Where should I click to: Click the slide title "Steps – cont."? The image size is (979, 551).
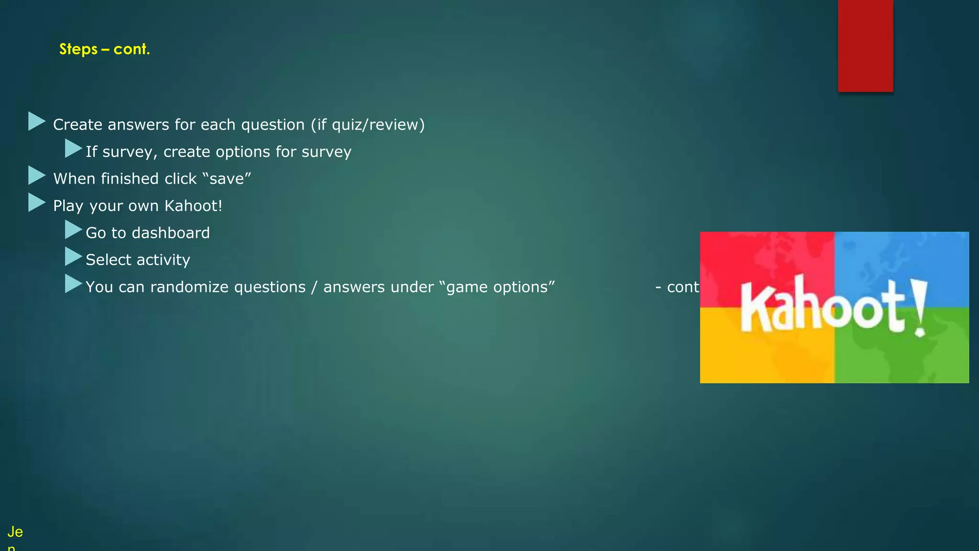pos(104,49)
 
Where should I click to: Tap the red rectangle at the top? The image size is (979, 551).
pos(865,45)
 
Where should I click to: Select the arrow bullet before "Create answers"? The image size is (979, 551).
pos(36,121)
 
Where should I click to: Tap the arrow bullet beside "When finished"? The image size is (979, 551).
pos(36,176)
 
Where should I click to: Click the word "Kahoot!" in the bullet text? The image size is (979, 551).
pos(193,206)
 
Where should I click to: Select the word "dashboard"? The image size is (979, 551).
pos(171,233)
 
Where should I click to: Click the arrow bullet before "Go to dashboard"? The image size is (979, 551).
pos(73,230)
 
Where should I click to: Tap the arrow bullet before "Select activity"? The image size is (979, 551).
pos(73,257)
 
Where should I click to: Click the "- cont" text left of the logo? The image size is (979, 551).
pos(677,287)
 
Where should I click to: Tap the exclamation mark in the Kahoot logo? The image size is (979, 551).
pos(919,309)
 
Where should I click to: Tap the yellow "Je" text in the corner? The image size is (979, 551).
pos(15,531)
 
